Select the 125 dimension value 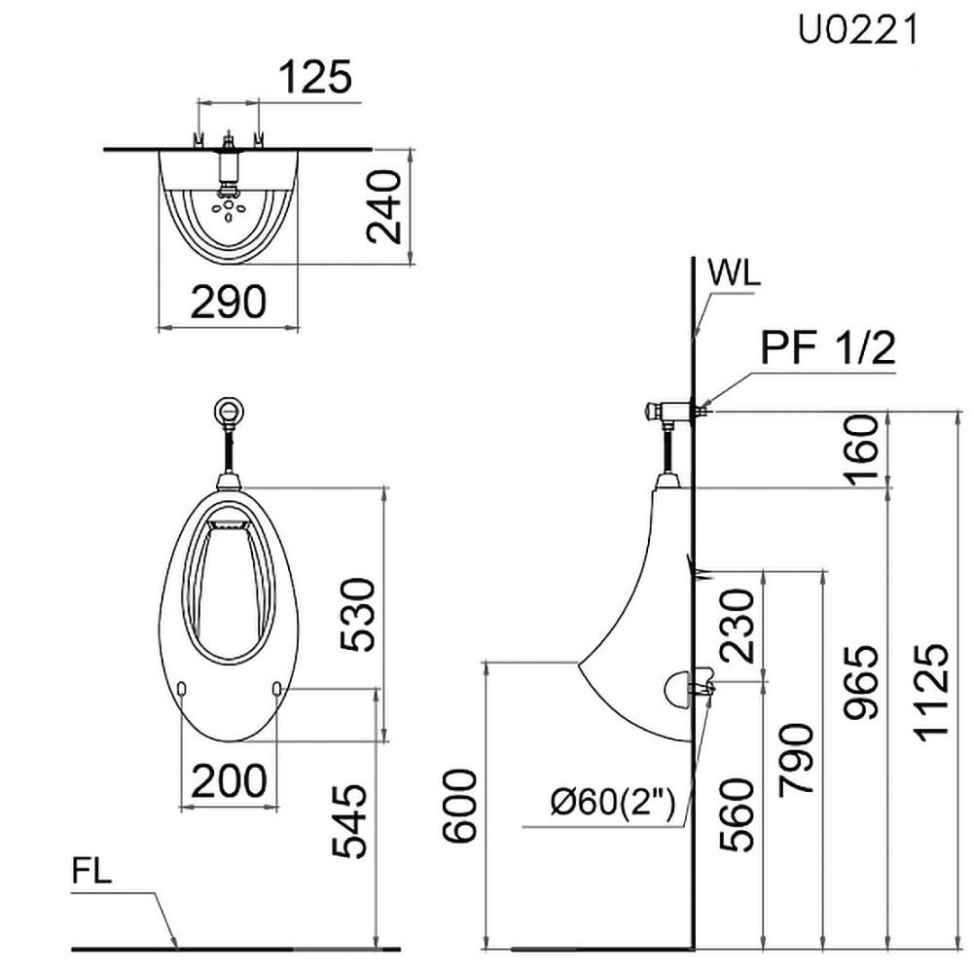tap(314, 78)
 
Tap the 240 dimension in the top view tap(382, 205)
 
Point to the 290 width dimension tap(228, 304)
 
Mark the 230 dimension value tap(739, 626)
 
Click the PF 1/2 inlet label tap(828, 347)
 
